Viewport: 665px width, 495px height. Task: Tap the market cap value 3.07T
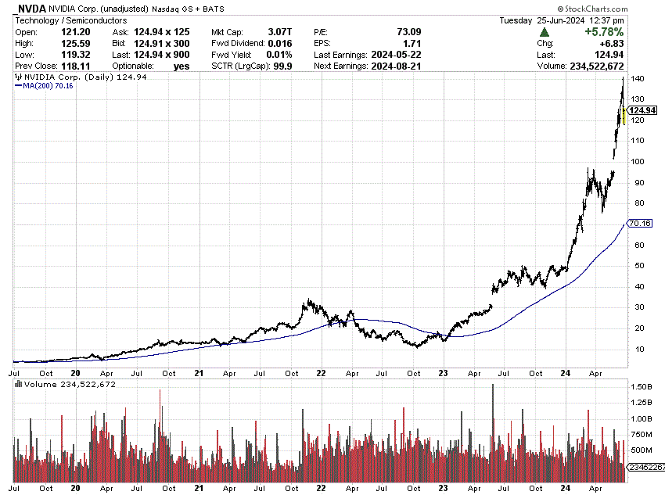(279, 32)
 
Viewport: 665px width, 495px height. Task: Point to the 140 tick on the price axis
(638, 80)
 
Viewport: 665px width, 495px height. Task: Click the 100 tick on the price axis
(638, 162)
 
